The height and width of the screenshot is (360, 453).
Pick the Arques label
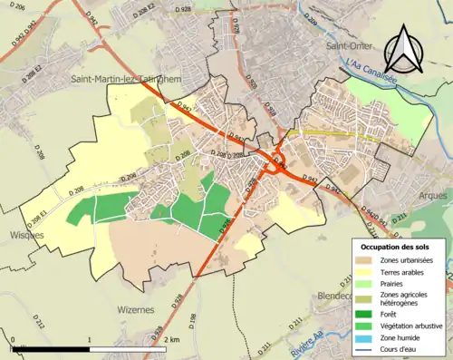point(433,194)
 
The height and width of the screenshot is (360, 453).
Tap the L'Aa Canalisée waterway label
point(371,66)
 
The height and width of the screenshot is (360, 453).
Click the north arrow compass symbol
point(404,49)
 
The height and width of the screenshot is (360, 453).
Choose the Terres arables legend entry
point(404,272)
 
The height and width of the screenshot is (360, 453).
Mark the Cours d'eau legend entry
point(402,348)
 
